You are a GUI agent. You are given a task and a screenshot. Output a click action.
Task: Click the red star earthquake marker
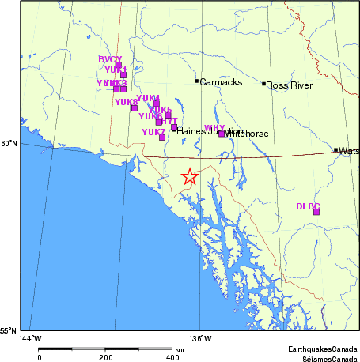pos(189,176)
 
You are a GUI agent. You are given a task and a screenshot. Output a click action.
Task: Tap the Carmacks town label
pos(215,81)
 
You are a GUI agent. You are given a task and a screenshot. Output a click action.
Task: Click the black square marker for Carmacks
pos(197,81)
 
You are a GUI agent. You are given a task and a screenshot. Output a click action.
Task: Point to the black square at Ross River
pos(264,83)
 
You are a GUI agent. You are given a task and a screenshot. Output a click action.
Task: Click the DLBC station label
pos(308,206)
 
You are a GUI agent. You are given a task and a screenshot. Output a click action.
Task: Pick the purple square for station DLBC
pos(316,212)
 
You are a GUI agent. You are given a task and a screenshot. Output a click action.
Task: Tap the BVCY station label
pos(110,59)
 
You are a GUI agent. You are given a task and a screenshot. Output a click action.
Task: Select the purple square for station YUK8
pos(135,107)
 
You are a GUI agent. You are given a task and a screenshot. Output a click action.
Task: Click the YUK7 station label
pos(153,131)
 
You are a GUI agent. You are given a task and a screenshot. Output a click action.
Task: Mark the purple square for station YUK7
pos(162,138)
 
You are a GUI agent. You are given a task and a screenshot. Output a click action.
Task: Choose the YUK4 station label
pos(148,97)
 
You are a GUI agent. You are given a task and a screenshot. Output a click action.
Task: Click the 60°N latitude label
pos(9,143)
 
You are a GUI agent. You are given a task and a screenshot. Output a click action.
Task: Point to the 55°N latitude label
pos(9,330)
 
